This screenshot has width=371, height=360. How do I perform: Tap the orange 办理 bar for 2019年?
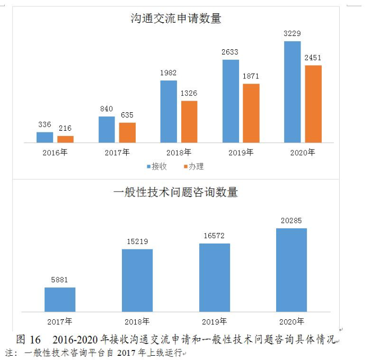[251, 113]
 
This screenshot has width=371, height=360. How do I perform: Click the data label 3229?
[293, 34]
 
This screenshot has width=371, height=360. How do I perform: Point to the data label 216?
[65, 128]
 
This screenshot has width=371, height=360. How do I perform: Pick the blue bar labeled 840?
[107, 129]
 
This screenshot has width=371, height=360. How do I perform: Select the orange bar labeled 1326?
[189, 121]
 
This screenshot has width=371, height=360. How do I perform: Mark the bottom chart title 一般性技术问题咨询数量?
[176, 192]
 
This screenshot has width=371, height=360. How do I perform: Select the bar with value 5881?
[60, 299]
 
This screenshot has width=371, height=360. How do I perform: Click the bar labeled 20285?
[291, 269]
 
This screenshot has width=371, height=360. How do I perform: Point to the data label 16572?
[215, 236]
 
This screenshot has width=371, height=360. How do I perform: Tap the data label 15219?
[137, 241]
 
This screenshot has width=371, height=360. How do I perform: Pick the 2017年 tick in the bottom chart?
[60, 321]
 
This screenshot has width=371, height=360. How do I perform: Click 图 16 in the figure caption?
[29, 339]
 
